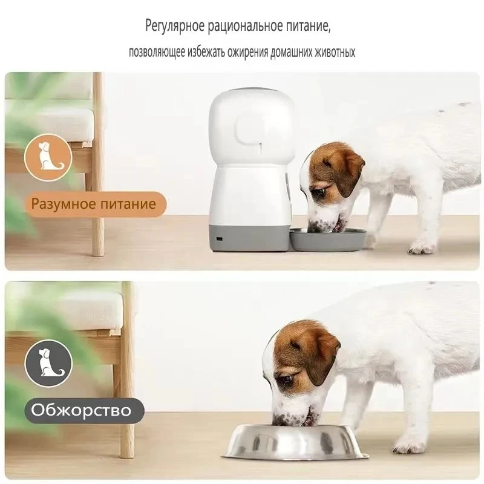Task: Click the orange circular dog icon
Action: tap(48, 157)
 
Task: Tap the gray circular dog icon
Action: tap(48, 364)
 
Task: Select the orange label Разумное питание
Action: tap(94, 204)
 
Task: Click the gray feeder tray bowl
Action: tap(328, 238)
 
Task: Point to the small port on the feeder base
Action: tap(220, 239)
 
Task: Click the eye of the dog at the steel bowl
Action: tap(287, 379)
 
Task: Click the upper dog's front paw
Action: tap(420, 246)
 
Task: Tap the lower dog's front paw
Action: tap(408, 445)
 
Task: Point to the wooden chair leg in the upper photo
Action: tap(98, 164)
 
